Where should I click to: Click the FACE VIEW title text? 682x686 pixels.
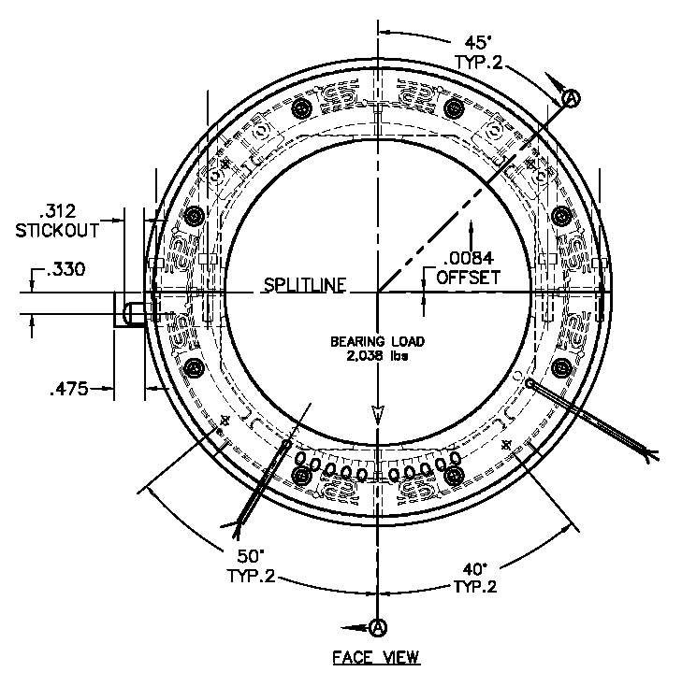(x=376, y=657)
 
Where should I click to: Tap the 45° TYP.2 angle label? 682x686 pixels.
(x=478, y=52)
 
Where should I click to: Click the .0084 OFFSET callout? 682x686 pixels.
(x=472, y=268)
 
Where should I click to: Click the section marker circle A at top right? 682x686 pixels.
(x=573, y=95)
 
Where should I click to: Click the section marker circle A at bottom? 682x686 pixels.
(x=377, y=625)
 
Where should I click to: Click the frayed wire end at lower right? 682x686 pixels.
(x=648, y=455)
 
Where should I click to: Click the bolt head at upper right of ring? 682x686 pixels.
(x=454, y=110)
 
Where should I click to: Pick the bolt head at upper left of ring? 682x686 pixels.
(x=301, y=110)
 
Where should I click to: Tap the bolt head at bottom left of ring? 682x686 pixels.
(x=301, y=476)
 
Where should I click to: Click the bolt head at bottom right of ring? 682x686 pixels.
(x=454, y=476)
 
